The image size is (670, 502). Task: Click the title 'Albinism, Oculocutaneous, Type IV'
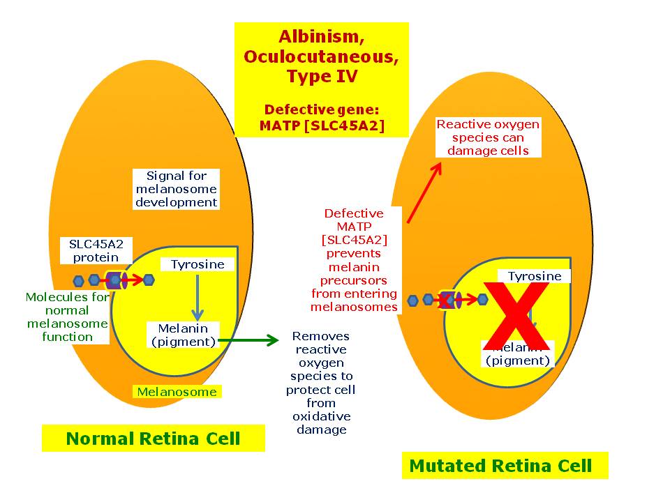(321, 56)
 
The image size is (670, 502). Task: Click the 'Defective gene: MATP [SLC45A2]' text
(321, 118)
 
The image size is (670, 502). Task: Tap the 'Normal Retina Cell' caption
(153, 439)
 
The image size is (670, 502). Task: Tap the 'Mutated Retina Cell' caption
(500, 465)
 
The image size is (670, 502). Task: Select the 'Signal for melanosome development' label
(177, 189)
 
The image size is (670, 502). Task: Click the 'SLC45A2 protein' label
(95, 251)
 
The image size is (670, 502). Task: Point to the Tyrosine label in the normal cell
(198, 265)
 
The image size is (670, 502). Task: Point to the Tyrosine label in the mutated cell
(534, 276)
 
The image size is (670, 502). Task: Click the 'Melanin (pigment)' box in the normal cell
(183, 335)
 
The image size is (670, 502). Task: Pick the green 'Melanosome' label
(177, 392)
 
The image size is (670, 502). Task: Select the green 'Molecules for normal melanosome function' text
(67, 317)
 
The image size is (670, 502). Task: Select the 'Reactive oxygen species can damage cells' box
(488, 137)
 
